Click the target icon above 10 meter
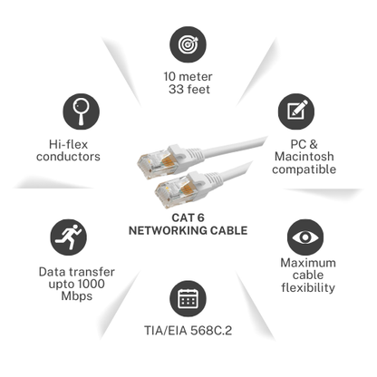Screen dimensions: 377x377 pyautogui.click(x=188, y=44)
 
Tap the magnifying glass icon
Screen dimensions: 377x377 pyautogui.click(x=81, y=111)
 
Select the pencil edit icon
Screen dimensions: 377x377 pyautogui.click(x=296, y=111)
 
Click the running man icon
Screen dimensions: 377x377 pyautogui.click(x=68, y=237)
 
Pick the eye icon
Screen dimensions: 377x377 pyautogui.click(x=305, y=237)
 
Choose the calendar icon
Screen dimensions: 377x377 pyautogui.click(x=188, y=299)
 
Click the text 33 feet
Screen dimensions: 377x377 pyautogui.click(x=189, y=90)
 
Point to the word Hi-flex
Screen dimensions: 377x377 pyautogui.click(x=68, y=144)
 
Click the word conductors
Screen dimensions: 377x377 pyautogui.click(x=68, y=157)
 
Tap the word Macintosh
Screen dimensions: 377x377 pyautogui.click(x=304, y=157)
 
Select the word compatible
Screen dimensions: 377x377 pyautogui.click(x=304, y=169)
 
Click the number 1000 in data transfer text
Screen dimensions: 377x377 pyautogui.click(x=90, y=284)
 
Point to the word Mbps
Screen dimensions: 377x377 pyautogui.click(x=77, y=296)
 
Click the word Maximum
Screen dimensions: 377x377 pyautogui.click(x=308, y=263)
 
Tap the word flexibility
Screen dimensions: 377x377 pyautogui.click(x=308, y=287)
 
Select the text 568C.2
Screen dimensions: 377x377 pyautogui.click(x=211, y=331)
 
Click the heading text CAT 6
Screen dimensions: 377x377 pyautogui.click(x=188, y=217)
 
